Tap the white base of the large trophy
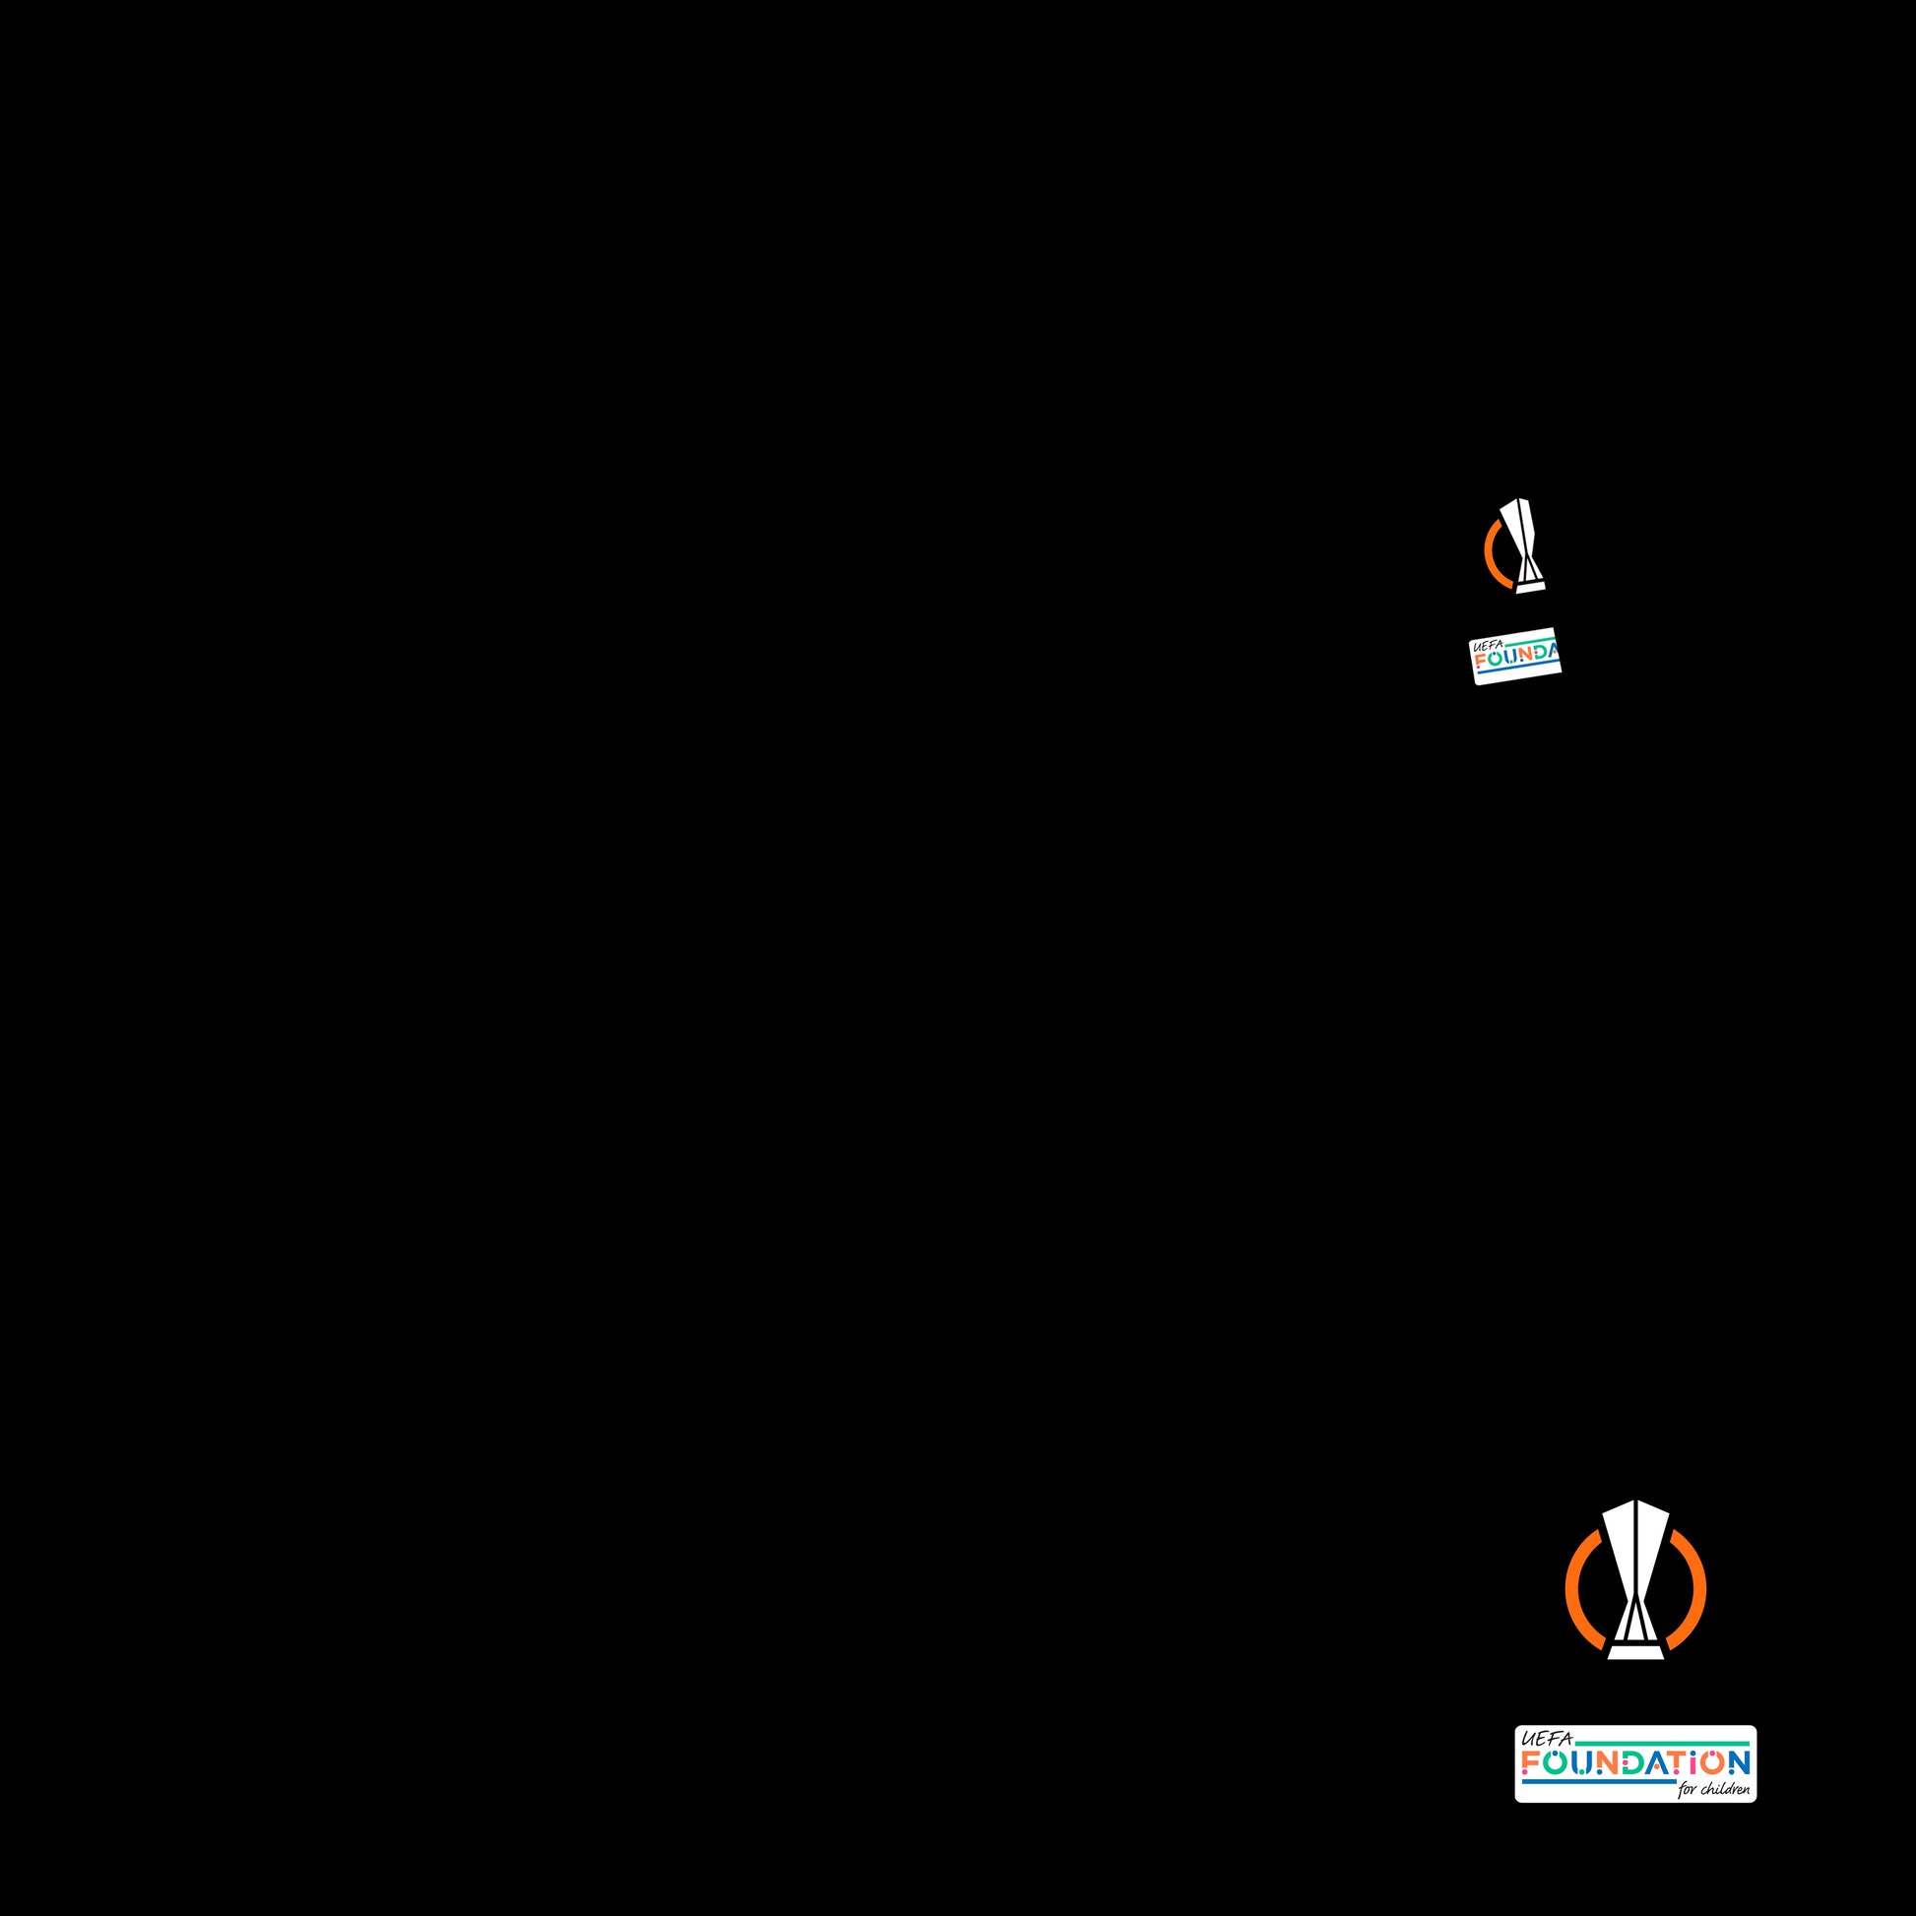[x=1635, y=1652]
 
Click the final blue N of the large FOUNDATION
[x=1740, y=1762]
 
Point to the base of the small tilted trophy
[x=1530, y=587]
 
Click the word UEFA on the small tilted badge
[x=1487, y=646]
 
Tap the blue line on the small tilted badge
[x=1517, y=671]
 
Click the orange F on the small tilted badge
[x=1480, y=661]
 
